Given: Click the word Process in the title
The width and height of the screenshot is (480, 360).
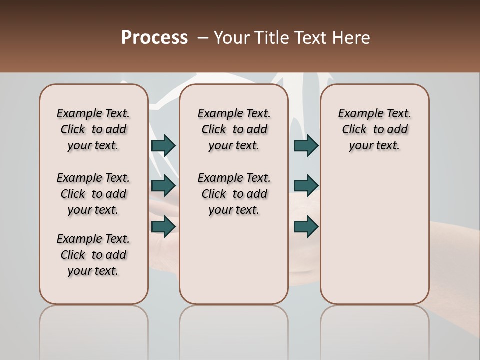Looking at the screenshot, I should [154, 38].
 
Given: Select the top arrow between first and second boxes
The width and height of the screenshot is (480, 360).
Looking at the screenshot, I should [163, 146].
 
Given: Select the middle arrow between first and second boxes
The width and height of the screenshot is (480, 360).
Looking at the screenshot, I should [163, 186].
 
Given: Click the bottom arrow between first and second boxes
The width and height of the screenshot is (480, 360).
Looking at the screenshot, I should [163, 226].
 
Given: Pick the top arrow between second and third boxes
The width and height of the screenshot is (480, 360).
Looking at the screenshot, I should [306, 146].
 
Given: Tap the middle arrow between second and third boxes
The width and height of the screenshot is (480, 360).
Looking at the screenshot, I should [306, 186].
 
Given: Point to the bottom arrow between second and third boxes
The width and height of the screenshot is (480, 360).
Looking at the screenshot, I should [306, 226].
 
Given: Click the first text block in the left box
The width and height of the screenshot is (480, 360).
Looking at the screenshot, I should [93, 129].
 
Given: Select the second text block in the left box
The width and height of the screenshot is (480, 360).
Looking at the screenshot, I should [93, 194].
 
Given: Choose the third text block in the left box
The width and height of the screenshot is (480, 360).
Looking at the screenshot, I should [93, 255].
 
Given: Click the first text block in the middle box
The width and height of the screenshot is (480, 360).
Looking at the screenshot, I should [234, 129].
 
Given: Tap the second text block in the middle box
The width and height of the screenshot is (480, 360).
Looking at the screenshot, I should [234, 194].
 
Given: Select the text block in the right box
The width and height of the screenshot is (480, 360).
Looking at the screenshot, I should [374, 129].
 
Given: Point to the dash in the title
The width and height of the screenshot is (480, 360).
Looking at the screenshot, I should [202, 38].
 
